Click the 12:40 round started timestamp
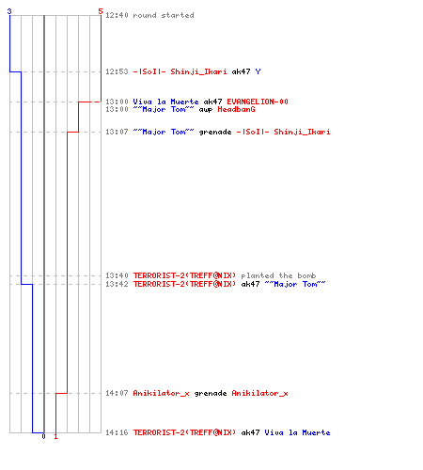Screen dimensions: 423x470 coord(117,15)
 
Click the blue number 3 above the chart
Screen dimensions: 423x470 coord(9,11)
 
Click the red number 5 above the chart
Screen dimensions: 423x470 coord(101,11)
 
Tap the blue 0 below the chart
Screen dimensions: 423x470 coord(43,436)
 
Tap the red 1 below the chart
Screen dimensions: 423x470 coord(55,436)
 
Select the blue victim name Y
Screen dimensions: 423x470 coord(258,71)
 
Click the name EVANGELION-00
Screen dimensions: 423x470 coord(258,102)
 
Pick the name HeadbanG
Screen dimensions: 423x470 coord(236,109)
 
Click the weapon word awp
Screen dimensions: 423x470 coord(206,110)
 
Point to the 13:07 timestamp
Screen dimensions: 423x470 coord(117,132)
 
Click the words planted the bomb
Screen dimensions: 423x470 coord(278,275)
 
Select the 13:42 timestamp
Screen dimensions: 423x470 coord(117,284)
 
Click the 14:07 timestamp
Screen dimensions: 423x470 coord(117,393)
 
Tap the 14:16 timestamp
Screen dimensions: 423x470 coord(117,432)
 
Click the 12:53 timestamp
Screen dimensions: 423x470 coord(117,71)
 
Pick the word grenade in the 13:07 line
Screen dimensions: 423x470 coord(215,133)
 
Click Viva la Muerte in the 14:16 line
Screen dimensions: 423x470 coord(297,432)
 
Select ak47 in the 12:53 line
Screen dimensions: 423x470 coord(241,71)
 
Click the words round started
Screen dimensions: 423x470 coord(164,15)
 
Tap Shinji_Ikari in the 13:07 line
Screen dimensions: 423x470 coord(302,132)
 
